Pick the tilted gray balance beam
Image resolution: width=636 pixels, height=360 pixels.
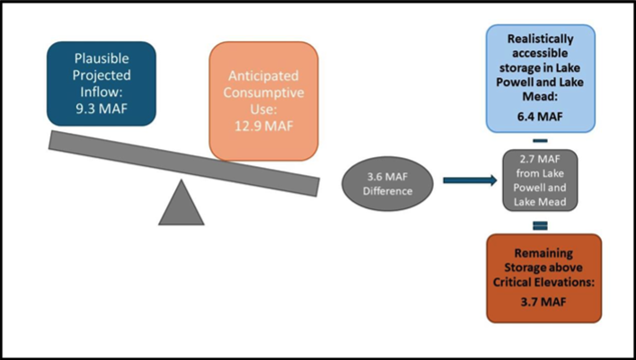pyautogui.click(x=184, y=162)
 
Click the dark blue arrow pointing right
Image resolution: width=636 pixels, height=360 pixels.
pyautogui.click(x=469, y=180)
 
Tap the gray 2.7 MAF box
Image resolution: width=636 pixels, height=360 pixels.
pyautogui.click(x=541, y=180)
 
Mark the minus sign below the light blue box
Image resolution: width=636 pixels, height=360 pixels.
pyautogui.click(x=541, y=140)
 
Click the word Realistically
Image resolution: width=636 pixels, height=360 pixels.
pyautogui.click(x=541, y=40)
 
